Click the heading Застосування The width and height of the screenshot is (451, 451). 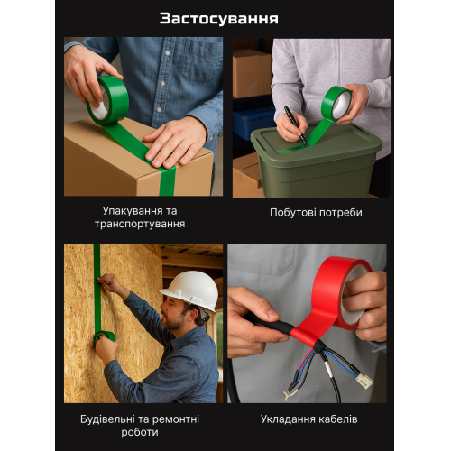(x=218, y=19)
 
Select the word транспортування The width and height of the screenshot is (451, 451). (x=140, y=225)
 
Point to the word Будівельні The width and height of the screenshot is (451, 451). (x=108, y=419)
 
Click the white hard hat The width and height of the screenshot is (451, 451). (x=190, y=290)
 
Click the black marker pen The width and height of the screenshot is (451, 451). (x=295, y=124)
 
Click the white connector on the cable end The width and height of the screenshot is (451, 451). (x=364, y=381)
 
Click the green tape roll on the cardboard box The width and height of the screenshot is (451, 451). (x=107, y=101)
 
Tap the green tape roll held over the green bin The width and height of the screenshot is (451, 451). (x=336, y=104)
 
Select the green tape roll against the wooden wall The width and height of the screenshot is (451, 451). (x=105, y=337)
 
